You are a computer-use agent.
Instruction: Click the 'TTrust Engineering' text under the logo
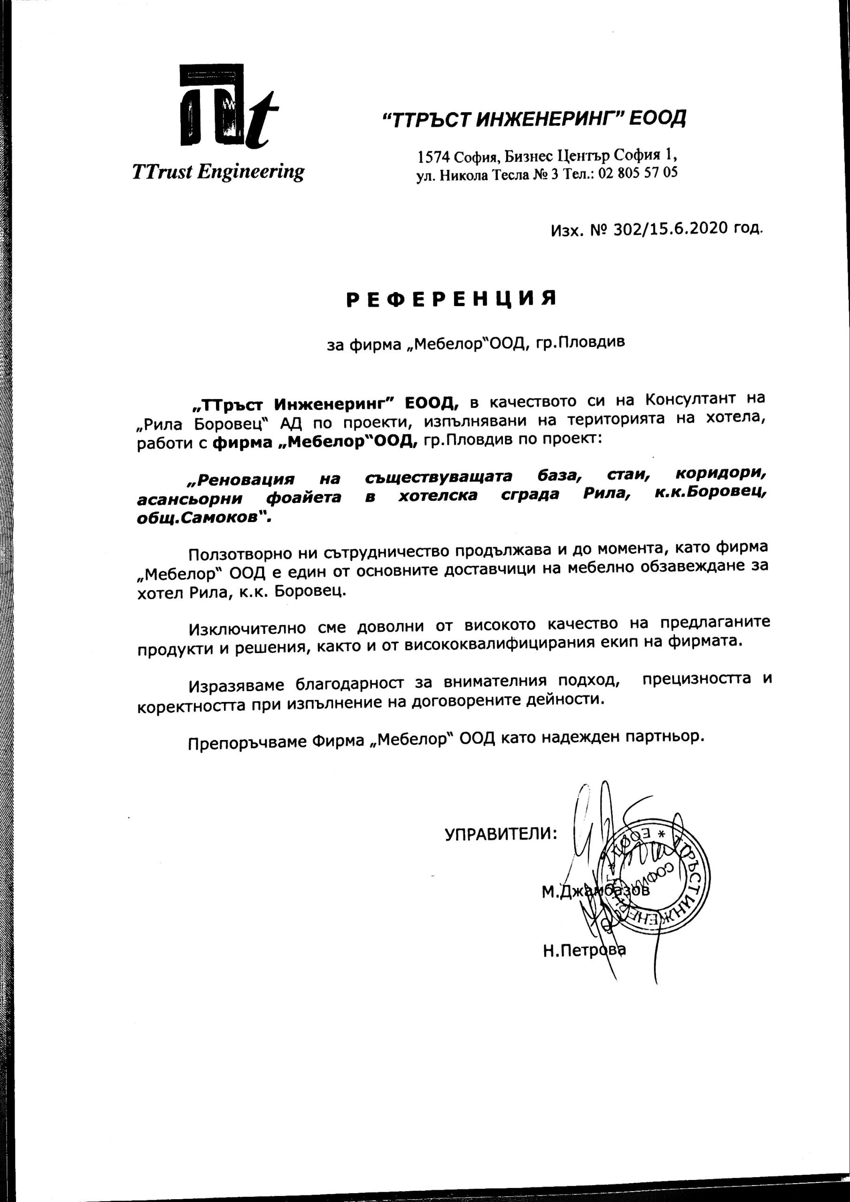coord(218,172)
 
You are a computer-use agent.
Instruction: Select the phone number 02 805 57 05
coord(637,173)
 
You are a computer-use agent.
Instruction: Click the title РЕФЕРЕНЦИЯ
coord(452,299)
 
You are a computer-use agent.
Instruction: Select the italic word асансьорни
coord(190,498)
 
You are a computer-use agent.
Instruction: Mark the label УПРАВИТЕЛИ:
coord(501,833)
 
